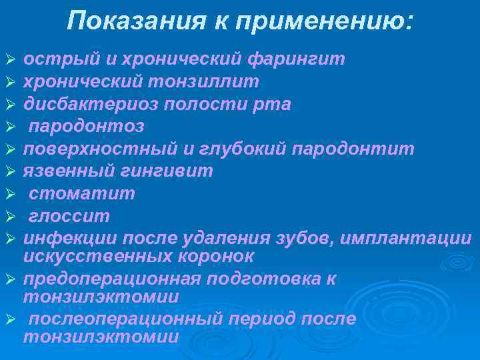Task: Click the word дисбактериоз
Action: pyautogui.click(x=76, y=104)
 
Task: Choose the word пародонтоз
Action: pyautogui.click(x=86, y=126)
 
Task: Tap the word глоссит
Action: pyautogui.click(x=69, y=216)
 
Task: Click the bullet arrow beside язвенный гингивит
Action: pyautogui.click(x=9, y=171)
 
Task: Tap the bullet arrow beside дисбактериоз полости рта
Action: pyautogui.click(x=9, y=105)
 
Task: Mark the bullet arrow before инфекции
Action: pyautogui.click(x=9, y=239)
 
